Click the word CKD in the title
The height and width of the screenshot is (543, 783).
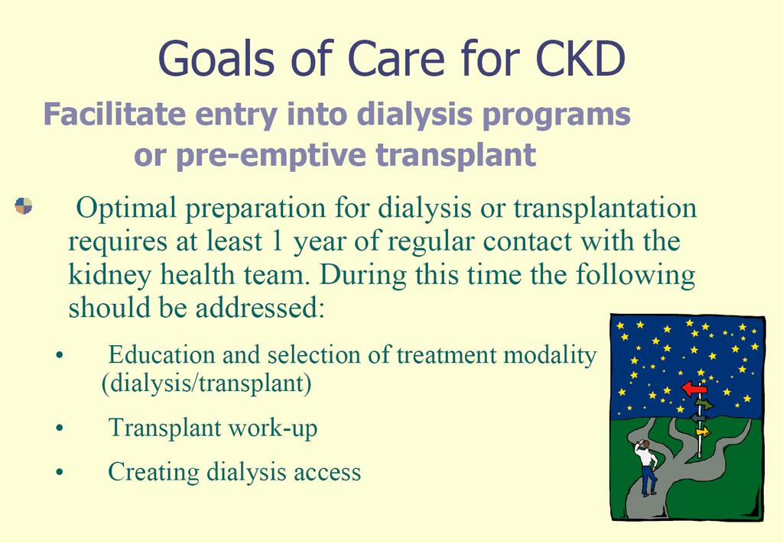point(580,58)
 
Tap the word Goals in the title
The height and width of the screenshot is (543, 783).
point(216,58)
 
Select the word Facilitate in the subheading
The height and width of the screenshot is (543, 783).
point(115,114)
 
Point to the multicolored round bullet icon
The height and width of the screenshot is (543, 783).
point(24,205)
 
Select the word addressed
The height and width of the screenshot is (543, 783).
point(260,308)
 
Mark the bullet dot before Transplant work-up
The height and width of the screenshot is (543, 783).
point(60,428)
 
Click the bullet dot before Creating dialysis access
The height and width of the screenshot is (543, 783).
point(60,472)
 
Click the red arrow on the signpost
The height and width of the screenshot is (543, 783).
point(694,388)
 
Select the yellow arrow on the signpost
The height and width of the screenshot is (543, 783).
point(703,431)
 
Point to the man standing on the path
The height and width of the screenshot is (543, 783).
point(645,467)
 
